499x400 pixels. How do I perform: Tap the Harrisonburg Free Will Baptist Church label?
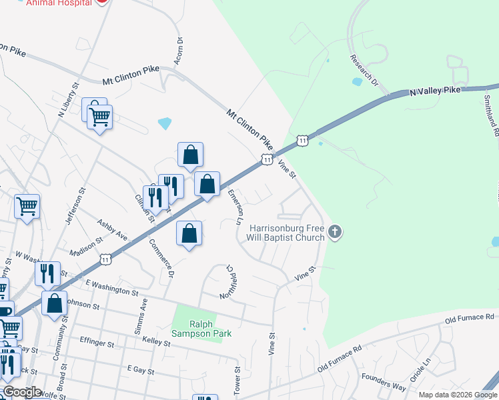click(288, 232)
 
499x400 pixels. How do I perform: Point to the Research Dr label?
click(364, 69)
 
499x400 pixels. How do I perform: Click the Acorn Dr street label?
click(179, 49)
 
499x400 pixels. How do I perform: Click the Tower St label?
click(237, 379)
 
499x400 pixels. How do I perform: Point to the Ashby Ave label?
click(112, 229)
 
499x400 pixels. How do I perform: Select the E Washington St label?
click(111, 288)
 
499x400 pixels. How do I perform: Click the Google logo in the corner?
click(22, 392)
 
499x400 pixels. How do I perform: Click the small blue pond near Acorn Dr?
click(165, 123)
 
